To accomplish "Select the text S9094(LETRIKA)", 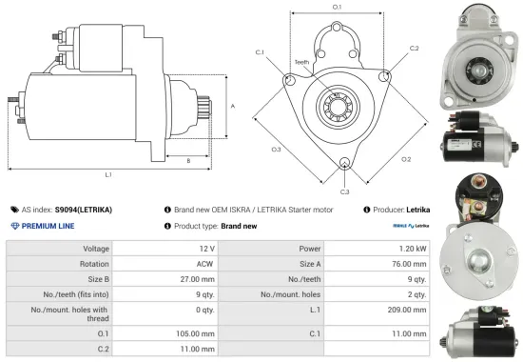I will click(x=83, y=209).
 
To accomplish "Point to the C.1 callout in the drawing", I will click(x=261, y=51).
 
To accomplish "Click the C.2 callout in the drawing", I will click(x=414, y=47).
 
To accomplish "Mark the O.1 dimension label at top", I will click(x=337, y=7).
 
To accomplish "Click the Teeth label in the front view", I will click(x=301, y=63).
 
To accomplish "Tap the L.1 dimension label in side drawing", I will click(x=108, y=175).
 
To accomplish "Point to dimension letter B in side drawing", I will click(x=188, y=160).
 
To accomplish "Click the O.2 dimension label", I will click(x=405, y=158).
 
